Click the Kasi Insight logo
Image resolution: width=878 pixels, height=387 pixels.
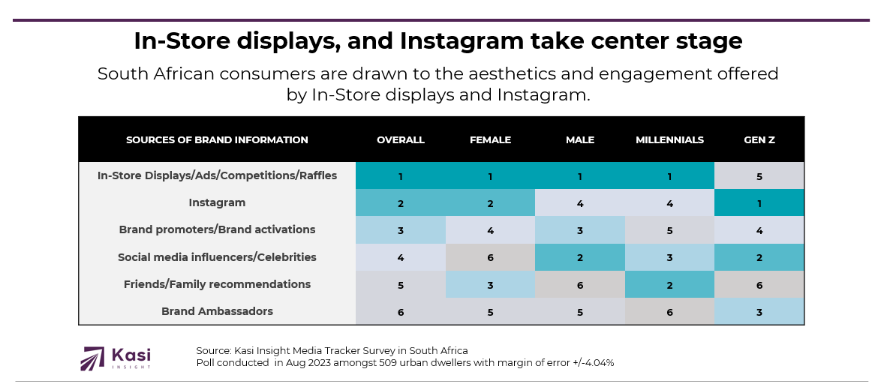click(116, 358)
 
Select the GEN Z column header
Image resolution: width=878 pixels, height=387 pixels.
click(759, 140)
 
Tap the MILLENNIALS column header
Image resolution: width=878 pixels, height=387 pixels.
click(669, 140)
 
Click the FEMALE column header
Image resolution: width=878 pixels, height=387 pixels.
click(490, 140)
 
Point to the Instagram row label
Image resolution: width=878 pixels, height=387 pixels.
click(217, 202)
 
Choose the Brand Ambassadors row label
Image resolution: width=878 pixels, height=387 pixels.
click(217, 311)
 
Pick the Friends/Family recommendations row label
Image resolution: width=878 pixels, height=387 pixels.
click(217, 284)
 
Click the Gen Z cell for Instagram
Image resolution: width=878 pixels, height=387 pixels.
click(759, 202)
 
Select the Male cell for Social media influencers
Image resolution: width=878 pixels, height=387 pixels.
click(579, 257)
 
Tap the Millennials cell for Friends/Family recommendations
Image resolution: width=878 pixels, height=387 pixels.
click(669, 284)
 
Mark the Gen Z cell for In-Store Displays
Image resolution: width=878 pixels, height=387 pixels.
click(759, 176)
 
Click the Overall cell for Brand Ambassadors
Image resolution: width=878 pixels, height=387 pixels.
click(401, 311)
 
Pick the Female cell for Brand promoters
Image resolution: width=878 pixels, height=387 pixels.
click(490, 230)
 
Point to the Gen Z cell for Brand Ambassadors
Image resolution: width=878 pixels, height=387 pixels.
click(759, 311)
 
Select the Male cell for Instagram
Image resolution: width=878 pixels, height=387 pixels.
click(579, 202)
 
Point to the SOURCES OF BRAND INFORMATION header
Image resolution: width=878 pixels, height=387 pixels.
click(217, 140)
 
